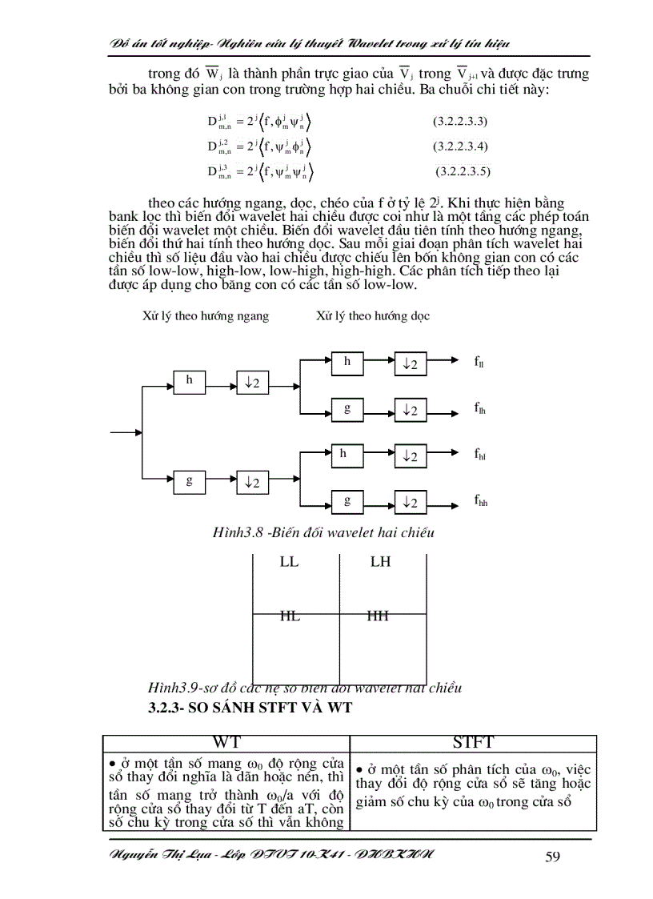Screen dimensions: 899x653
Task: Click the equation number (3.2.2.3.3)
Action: (461, 122)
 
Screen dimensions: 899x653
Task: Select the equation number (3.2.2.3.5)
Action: (463, 171)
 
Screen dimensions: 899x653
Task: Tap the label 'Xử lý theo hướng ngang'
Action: (206, 316)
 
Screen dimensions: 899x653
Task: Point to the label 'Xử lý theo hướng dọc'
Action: (373, 316)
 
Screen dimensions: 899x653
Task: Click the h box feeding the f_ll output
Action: (347, 362)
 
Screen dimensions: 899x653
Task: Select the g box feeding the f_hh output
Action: (347, 501)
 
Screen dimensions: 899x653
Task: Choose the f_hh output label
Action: (480, 502)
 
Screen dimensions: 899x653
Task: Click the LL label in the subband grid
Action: (289, 562)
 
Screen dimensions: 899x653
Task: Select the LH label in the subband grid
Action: (380, 562)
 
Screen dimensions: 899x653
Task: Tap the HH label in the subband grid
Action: (378, 616)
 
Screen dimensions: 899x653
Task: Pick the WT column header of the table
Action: (226, 743)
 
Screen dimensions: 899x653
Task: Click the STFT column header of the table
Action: (473, 743)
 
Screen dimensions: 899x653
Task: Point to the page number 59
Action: (552, 857)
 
